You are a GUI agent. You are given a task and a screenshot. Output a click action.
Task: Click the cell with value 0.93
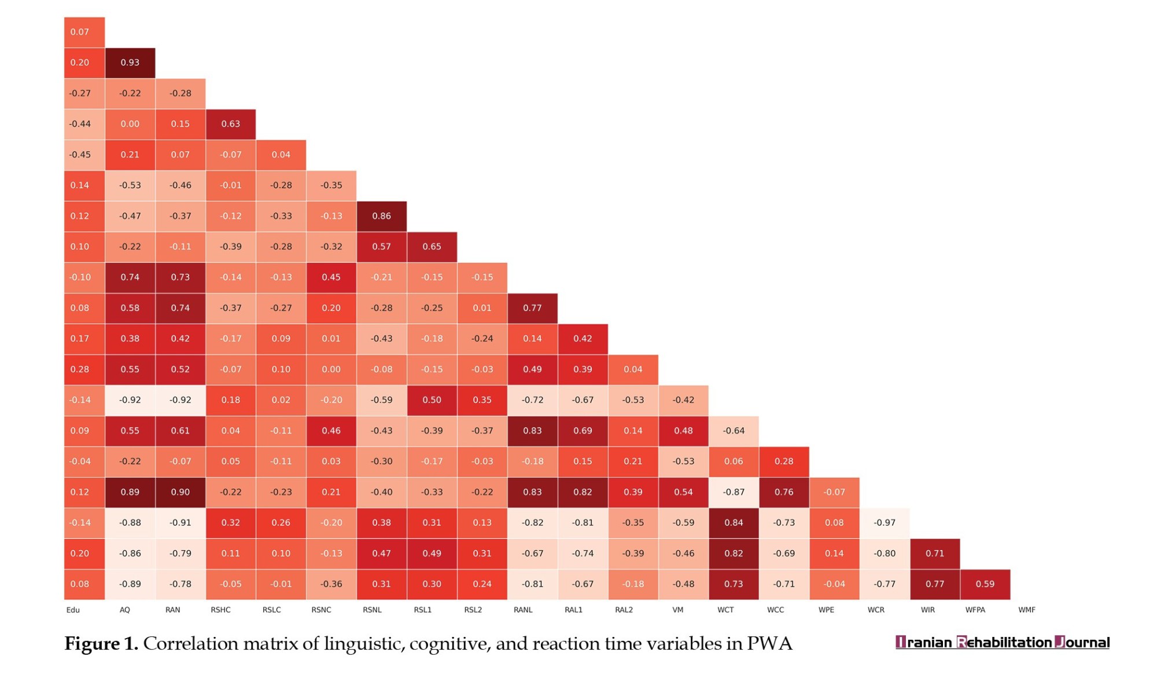coord(130,63)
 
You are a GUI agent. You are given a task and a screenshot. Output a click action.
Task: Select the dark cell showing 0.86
coord(381,216)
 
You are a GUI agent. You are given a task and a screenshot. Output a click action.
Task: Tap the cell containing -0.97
coord(885,523)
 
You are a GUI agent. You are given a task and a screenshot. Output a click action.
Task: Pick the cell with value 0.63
coord(230,124)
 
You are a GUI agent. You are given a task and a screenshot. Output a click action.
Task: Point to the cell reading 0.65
coord(432,247)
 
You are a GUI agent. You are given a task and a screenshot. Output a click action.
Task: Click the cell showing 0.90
coord(180,492)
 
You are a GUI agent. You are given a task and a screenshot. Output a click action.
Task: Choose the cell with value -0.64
coord(734,431)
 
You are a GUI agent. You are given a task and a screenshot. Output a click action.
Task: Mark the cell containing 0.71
coord(935,554)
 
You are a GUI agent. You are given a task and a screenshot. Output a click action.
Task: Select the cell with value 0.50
coord(432,400)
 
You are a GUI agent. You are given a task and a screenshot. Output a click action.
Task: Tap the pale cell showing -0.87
coord(734,492)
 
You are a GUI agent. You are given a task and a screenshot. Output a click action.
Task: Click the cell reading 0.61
coord(180,431)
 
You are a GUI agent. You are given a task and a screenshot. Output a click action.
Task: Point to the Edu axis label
coord(73,610)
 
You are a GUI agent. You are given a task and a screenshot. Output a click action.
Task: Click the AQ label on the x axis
coord(125,610)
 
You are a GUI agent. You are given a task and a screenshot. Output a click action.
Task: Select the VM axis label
coord(678,610)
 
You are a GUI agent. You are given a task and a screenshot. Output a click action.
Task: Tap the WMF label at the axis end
coord(1027,610)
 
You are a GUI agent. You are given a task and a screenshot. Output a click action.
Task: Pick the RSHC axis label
coord(220,610)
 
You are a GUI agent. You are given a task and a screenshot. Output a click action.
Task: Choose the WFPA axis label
coord(975,610)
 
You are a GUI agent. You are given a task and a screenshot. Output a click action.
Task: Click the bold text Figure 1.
coord(101,644)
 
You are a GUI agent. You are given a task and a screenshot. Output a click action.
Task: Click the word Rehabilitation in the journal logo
coord(1004,642)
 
